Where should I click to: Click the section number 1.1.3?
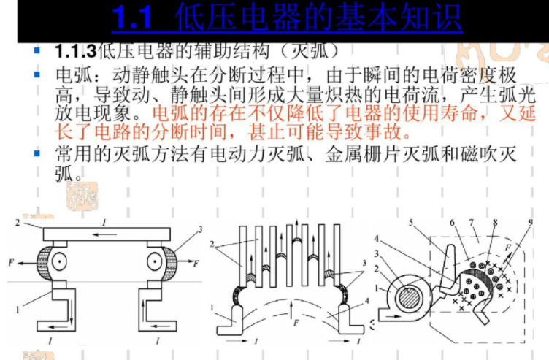pos(75,53)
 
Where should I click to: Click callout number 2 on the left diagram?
pos(19,222)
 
